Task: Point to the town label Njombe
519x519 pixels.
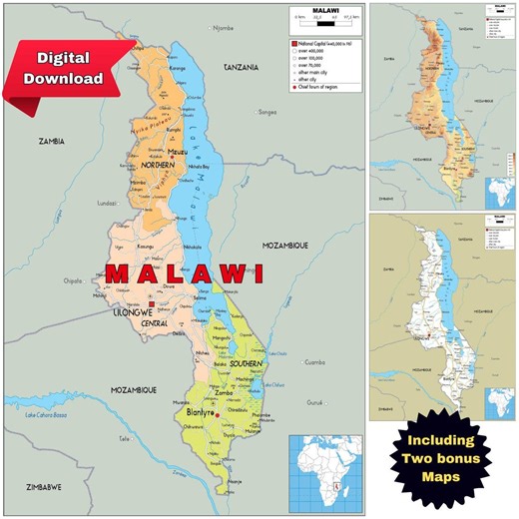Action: [x=222, y=28]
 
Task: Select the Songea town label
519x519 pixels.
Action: [x=266, y=113]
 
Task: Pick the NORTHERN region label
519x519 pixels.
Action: [x=157, y=166]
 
